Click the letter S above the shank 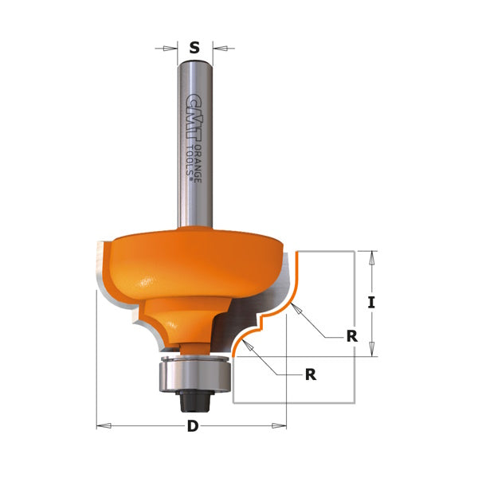[x=194, y=49]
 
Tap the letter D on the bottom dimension [x=192, y=426]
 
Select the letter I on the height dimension [x=370, y=303]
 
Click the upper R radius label [x=351, y=336]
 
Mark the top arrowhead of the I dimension [x=370, y=256]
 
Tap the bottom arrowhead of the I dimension [x=370, y=351]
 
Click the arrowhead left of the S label [x=169, y=49]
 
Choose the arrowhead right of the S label [x=219, y=49]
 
